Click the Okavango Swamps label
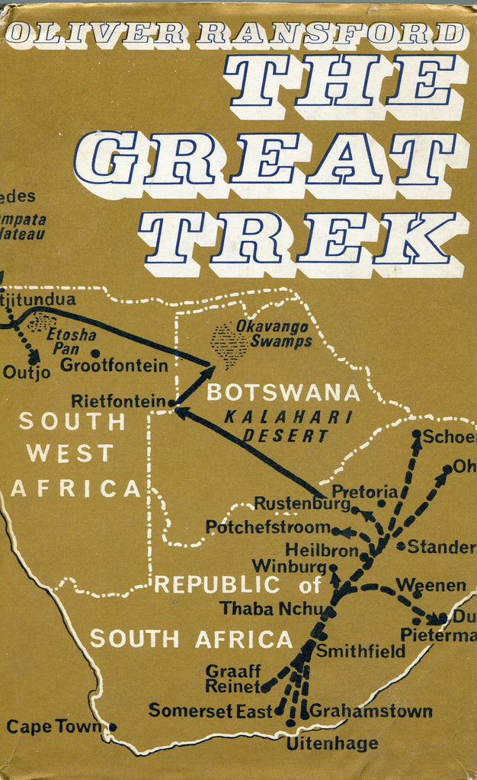(280, 335)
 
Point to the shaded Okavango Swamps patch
(229, 344)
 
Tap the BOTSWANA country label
(283, 393)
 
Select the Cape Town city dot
(113, 727)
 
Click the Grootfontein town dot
(95, 353)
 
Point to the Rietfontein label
(118, 401)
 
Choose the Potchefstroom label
(267, 527)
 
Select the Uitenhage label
(331, 743)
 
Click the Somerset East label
(210, 711)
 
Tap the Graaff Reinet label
(232, 679)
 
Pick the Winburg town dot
(333, 567)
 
